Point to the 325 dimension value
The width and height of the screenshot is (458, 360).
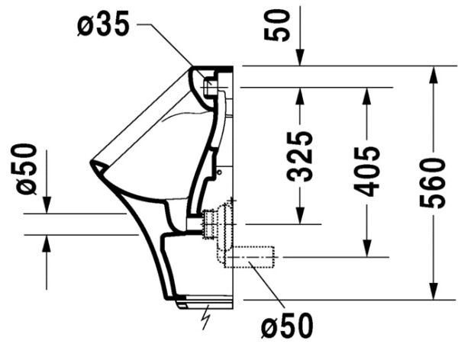tap(300, 156)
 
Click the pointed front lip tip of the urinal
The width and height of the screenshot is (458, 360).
tap(92, 162)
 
